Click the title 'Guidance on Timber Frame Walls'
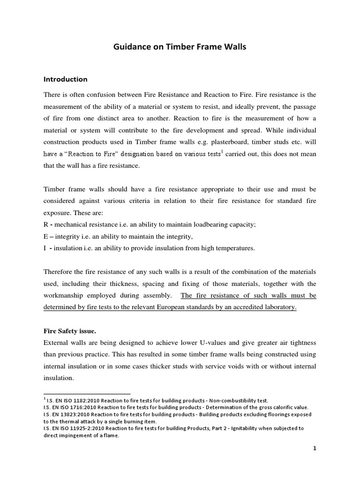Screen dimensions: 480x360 click(180, 47)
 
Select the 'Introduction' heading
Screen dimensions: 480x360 click(66, 79)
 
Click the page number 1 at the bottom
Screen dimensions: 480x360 click(315, 448)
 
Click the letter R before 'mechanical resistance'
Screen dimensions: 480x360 click(45, 224)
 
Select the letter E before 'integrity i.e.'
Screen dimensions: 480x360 click(45, 236)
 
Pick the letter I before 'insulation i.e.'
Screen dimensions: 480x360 click(45, 248)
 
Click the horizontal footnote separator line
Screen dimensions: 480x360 click(87, 394)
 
